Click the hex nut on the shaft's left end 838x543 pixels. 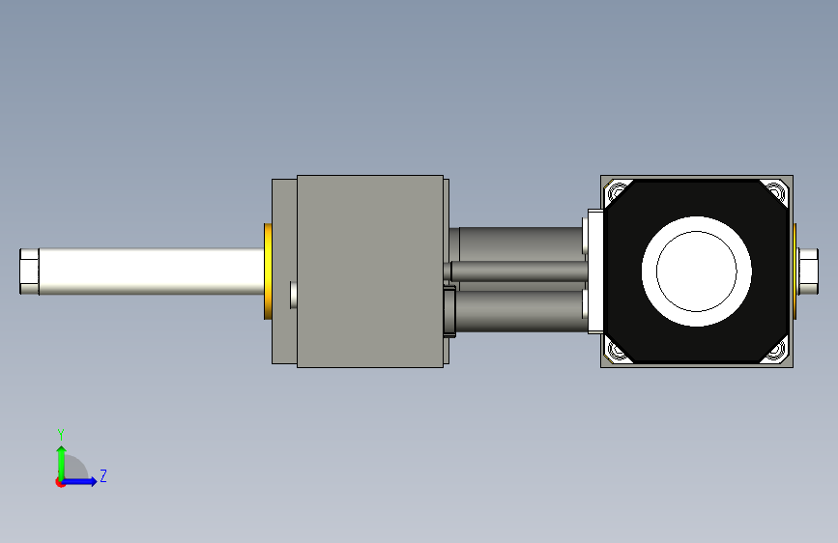click(29, 271)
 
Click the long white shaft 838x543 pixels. click(151, 271)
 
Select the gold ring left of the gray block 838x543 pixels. click(268, 271)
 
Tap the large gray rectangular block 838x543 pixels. click(370, 271)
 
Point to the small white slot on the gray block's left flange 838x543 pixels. click(294, 295)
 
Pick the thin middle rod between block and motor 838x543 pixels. click(519, 271)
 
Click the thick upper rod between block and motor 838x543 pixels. click(521, 244)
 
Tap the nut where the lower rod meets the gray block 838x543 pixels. click(449, 311)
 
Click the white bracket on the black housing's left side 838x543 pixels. click(595, 271)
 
